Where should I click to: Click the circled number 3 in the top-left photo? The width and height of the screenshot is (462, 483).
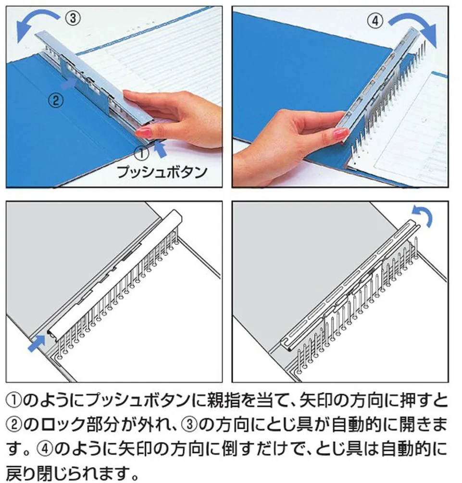click(73, 18)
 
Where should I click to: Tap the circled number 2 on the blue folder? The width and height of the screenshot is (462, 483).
click(56, 100)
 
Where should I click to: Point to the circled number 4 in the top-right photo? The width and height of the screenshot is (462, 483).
click(375, 21)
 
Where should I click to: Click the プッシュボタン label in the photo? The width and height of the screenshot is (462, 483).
click(162, 172)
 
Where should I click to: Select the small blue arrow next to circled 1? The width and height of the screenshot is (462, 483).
click(160, 149)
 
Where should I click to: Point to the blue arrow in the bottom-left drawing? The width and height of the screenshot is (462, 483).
click(37, 344)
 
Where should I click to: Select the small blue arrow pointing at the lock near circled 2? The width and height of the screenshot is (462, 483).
click(68, 83)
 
